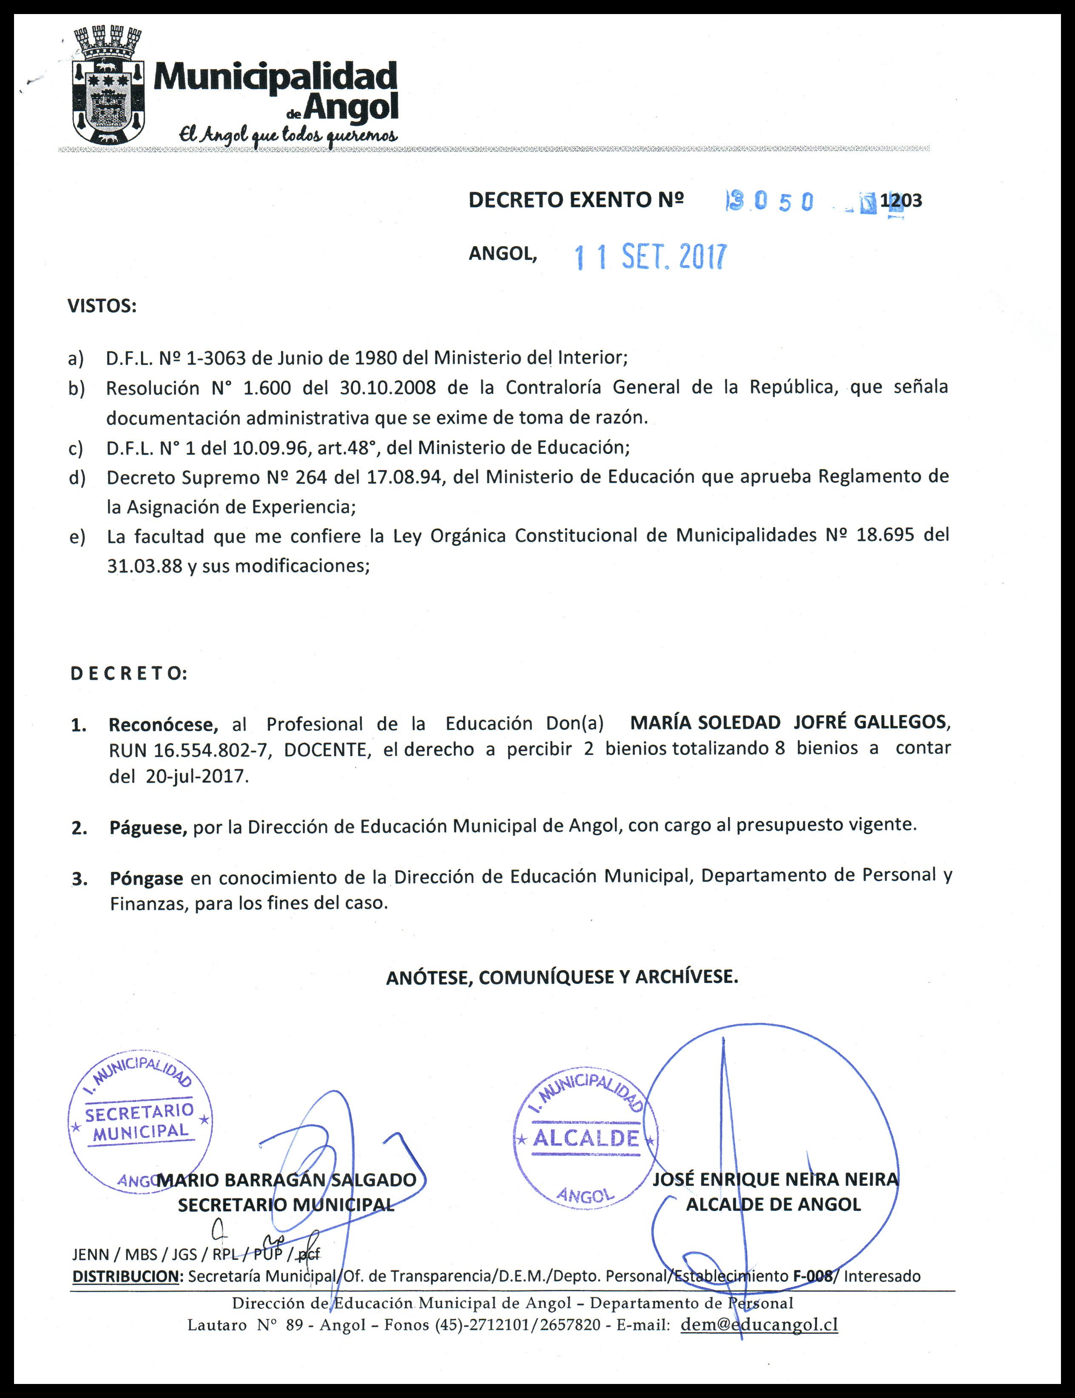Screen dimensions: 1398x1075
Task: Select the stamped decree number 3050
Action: [771, 202]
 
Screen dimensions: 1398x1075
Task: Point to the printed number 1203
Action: [901, 201]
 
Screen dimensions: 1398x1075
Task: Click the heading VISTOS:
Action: [102, 307]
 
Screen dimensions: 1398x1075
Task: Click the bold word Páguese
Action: [148, 828]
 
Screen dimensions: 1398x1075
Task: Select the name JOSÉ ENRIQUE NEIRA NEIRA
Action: [775, 1180]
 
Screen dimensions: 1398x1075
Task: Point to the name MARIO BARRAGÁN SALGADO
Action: [286, 1180]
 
